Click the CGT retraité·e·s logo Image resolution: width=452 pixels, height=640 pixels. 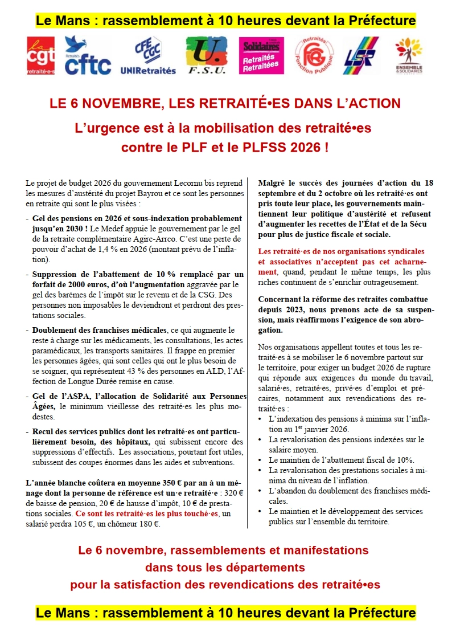pos(41,56)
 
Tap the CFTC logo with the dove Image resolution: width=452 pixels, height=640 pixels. pos(88,56)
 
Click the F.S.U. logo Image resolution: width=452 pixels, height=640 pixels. pos(206,56)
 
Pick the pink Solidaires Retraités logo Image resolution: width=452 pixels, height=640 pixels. pos(261,56)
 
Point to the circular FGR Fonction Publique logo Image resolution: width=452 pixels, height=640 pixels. pos(314,56)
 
